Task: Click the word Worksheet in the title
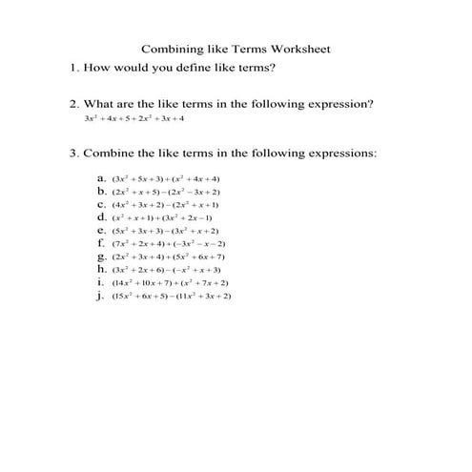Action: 298,49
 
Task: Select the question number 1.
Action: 72,69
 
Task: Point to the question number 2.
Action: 72,104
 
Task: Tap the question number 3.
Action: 72,153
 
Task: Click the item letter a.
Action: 101,178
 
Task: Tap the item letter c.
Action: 101,204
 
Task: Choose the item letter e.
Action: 101,230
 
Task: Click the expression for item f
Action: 170,243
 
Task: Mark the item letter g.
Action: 101,257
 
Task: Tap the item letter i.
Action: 100,282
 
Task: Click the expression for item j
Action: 172,296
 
